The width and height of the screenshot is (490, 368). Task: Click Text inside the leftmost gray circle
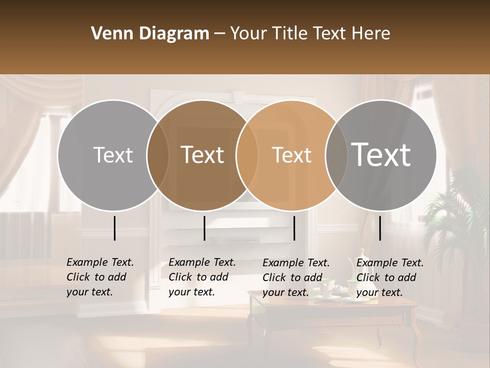113,155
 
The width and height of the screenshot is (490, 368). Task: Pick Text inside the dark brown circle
202,155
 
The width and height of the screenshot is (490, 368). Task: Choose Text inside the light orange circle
291,155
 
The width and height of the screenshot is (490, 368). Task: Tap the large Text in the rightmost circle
381,155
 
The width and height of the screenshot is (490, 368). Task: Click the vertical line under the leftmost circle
115,228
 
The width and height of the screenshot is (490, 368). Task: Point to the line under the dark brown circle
204,228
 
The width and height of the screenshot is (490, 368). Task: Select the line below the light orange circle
295,228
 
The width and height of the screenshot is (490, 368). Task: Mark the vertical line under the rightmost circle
380,228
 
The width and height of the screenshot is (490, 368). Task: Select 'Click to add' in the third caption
292,278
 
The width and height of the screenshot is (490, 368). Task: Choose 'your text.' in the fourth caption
379,292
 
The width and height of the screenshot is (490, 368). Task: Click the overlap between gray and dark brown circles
158,155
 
